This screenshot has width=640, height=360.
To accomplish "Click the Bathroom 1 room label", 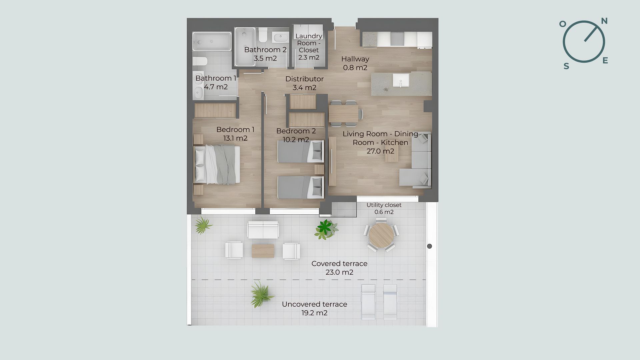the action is click(x=216, y=78).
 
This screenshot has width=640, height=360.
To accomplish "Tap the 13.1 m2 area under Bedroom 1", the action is click(x=235, y=138).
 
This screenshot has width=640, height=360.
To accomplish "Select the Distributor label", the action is click(x=304, y=79).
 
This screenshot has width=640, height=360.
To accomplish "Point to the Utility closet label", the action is click(x=384, y=205).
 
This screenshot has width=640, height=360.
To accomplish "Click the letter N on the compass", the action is click(x=604, y=21).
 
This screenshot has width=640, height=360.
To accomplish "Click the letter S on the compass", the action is click(x=566, y=66).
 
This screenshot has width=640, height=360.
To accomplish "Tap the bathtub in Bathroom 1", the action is click(x=212, y=42).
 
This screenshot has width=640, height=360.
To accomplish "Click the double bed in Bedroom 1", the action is click(x=217, y=164).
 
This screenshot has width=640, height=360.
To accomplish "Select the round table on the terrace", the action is click(x=381, y=235).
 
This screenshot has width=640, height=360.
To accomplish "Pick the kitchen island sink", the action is click(x=401, y=80).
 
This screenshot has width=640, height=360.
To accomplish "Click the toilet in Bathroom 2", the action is click(x=263, y=35).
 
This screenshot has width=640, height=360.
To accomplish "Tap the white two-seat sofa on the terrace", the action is click(x=263, y=230).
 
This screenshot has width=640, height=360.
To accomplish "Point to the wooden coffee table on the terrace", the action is click(x=263, y=251).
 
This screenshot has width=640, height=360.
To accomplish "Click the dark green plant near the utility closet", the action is click(x=325, y=228).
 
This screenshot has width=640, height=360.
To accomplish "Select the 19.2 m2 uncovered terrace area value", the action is click(x=314, y=313).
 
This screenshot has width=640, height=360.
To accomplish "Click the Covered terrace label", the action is click(x=339, y=264).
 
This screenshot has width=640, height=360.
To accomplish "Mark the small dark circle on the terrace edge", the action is click(x=429, y=246).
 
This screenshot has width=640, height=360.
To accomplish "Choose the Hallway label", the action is click(x=355, y=59).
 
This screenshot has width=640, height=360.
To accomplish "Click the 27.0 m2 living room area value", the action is click(x=380, y=151).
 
